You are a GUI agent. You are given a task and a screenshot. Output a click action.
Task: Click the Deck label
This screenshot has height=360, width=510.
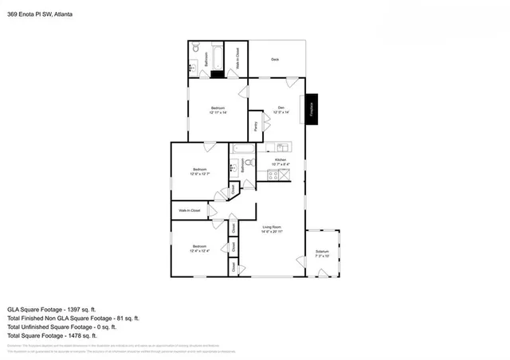(x=275, y=60)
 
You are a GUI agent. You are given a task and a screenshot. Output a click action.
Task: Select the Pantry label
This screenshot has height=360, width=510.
(x=255, y=125)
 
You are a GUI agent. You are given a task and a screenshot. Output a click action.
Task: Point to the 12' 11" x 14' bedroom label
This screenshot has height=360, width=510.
(x=218, y=110)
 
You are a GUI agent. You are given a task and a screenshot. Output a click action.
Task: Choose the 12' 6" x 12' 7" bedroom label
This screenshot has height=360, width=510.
(x=201, y=170)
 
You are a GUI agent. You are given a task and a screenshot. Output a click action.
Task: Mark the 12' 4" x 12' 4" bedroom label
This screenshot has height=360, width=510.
(x=200, y=249)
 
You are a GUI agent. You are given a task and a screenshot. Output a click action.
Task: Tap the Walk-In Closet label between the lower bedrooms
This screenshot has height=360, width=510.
(x=189, y=210)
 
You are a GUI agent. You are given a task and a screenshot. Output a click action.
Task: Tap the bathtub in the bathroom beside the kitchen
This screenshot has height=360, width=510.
(x=241, y=148)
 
